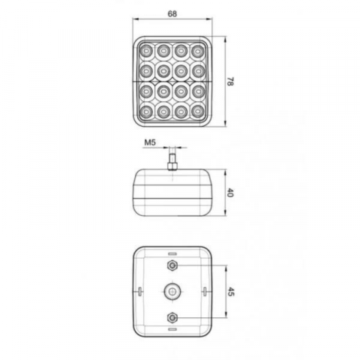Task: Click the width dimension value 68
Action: coord(173,13)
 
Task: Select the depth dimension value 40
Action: coord(230,193)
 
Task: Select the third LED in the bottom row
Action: coord(181,112)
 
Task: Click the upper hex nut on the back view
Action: coord(173,266)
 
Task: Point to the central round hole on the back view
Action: coord(173,290)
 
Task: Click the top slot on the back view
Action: coord(173,253)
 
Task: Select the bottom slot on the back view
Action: coord(173,328)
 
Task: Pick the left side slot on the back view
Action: coord(141,290)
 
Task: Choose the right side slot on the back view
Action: coord(205,290)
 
